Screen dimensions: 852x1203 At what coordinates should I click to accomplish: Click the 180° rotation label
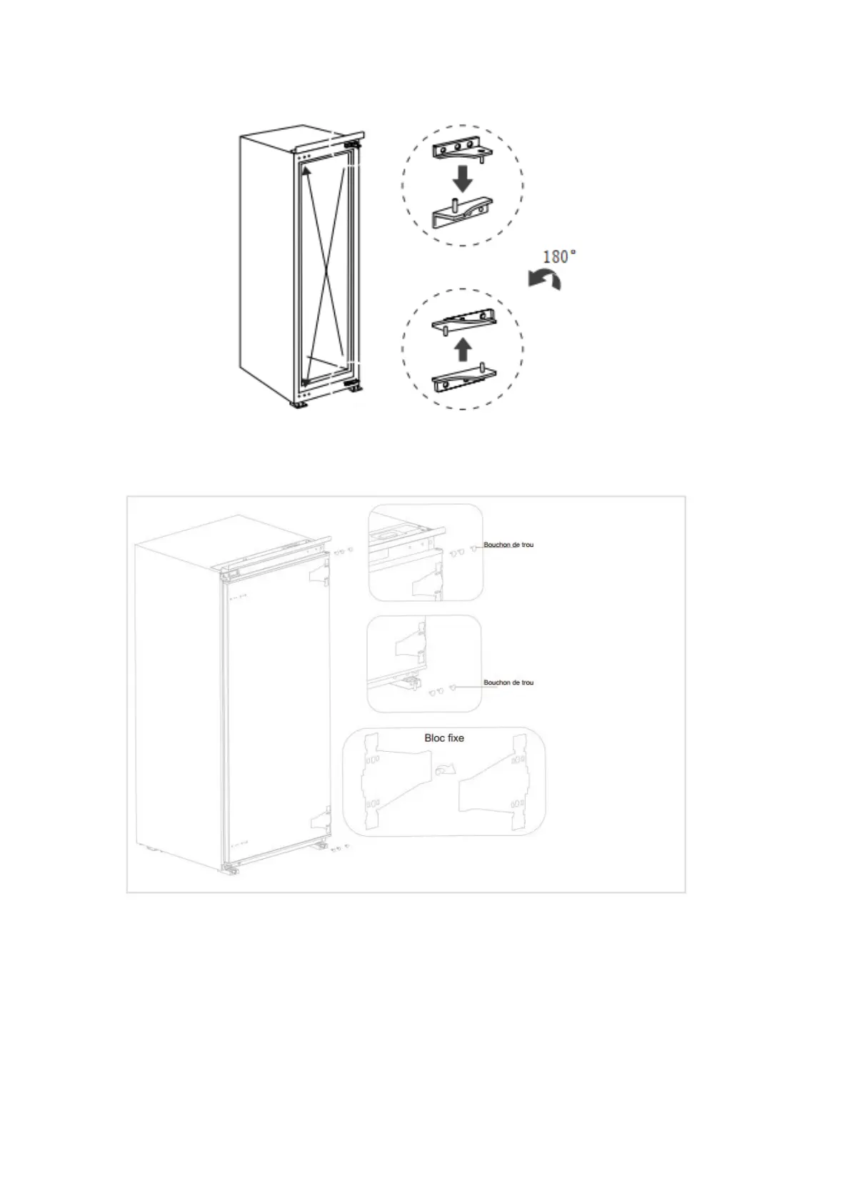(x=559, y=256)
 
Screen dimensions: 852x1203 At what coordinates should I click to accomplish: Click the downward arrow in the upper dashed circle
(x=463, y=178)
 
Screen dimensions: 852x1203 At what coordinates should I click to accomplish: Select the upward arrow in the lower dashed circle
(x=463, y=350)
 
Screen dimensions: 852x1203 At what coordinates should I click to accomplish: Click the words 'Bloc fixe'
(x=444, y=738)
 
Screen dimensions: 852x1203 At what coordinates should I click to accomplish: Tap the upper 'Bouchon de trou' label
(x=508, y=545)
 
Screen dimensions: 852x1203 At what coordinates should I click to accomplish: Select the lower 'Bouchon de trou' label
(x=508, y=683)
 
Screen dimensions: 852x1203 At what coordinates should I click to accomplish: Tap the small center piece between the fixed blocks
(x=442, y=770)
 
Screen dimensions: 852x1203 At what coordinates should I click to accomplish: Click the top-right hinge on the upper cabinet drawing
(x=351, y=144)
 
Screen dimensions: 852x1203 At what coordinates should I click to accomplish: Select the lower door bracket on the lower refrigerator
(x=321, y=821)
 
